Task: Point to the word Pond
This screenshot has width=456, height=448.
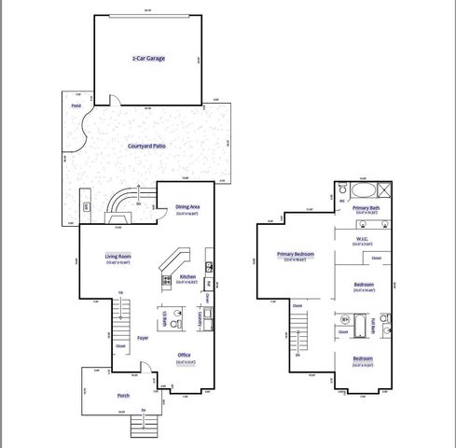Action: pos(76,106)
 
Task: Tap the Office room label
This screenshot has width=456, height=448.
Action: pos(186,355)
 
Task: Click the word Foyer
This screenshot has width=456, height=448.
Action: pos(143,337)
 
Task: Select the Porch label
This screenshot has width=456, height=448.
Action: pos(122,396)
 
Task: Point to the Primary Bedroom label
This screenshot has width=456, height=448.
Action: pos(295,254)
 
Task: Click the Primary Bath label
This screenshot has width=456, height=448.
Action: pos(366,209)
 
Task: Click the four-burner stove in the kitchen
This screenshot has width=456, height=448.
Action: pos(167,279)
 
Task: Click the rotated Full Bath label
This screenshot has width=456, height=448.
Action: pos(373,326)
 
